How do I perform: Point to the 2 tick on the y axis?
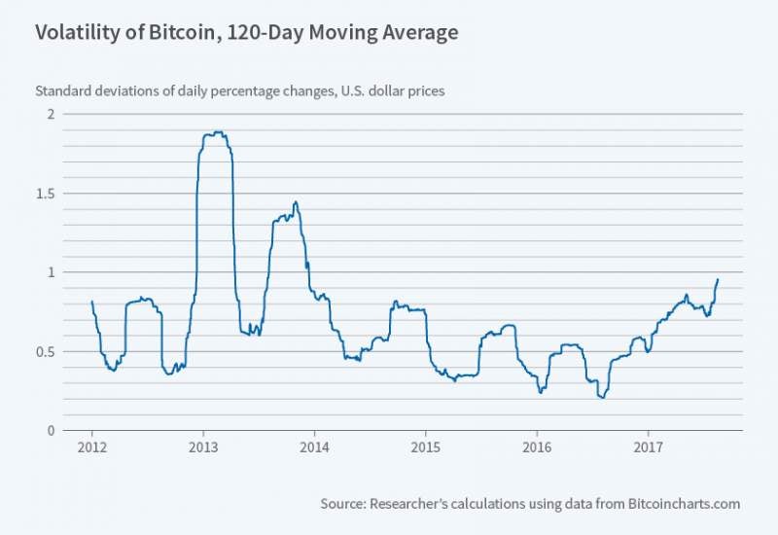pyautogui.click(x=51, y=114)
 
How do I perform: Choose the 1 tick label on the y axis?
pyautogui.click(x=51, y=271)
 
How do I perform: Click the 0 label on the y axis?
pyautogui.click(x=51, y=430)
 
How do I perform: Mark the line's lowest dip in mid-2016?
pyautogui.click(x=603, y=397)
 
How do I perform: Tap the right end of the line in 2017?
pyautogui.click(x=718, y=279)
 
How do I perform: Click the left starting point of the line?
pyautogui.click(x=91, y=302)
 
